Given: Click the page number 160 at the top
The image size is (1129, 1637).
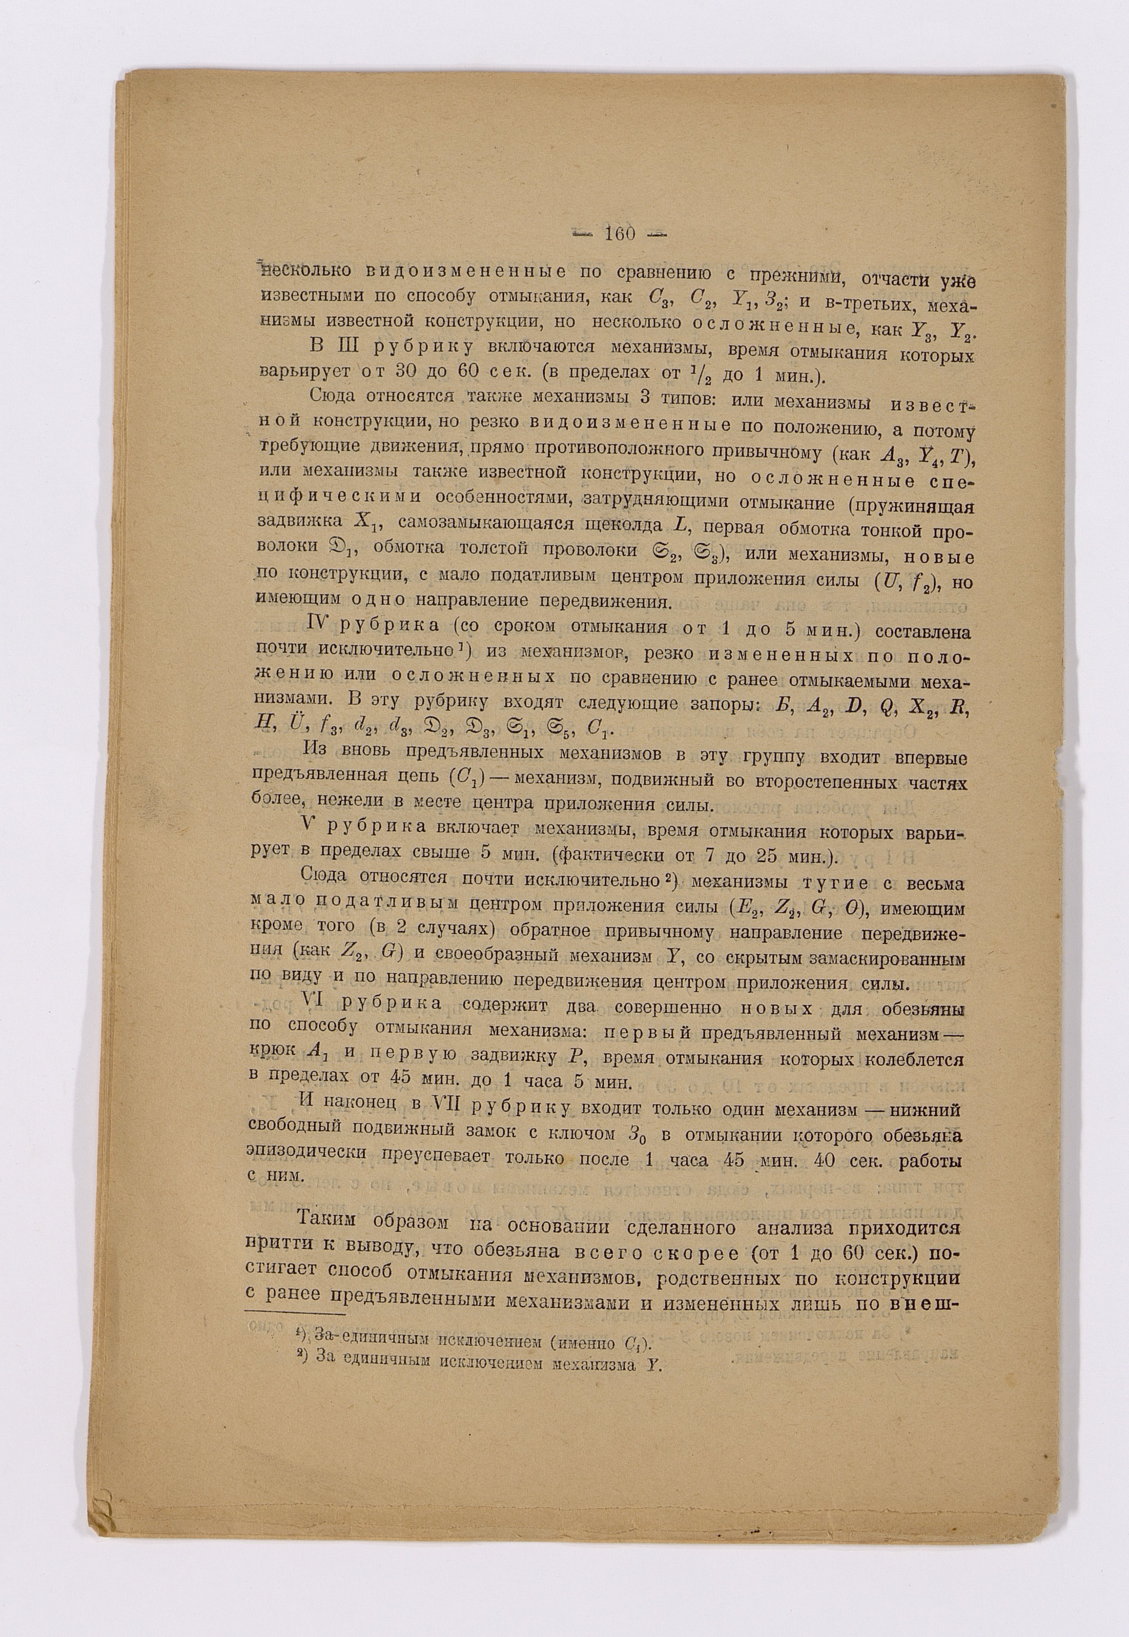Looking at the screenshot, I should [x=620, y=233].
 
